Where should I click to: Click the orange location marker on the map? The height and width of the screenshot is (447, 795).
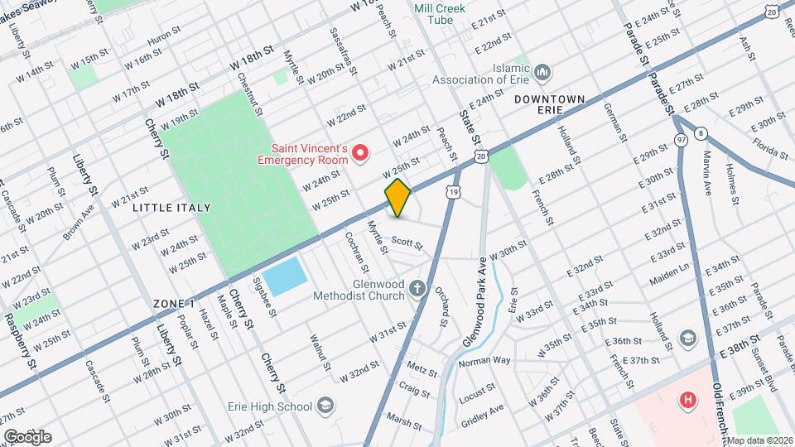click(397, 198)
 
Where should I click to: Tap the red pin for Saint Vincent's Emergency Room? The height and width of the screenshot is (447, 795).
click(360, 152)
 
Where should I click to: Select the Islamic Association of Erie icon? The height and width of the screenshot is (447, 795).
click(542, 73)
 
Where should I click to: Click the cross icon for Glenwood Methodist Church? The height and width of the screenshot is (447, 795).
click(419, 289)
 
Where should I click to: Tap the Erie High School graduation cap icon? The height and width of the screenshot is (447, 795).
click(326, 406)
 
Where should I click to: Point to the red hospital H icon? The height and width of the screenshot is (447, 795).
click(687, 401)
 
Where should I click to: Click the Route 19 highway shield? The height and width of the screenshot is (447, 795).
click(453, 191)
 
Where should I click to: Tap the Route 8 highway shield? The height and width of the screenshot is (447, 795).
click(701, 132)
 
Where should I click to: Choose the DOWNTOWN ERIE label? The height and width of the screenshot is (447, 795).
click(549, 99)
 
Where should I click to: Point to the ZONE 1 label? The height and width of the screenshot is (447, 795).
click(174, 304)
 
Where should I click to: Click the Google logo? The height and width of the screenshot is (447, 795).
click(27, 436)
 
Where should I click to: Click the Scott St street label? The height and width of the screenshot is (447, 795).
click(407, 243)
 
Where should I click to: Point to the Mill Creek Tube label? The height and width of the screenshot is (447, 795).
click(440, 14)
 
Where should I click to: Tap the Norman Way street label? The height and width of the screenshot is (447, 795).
click(484, 362)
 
